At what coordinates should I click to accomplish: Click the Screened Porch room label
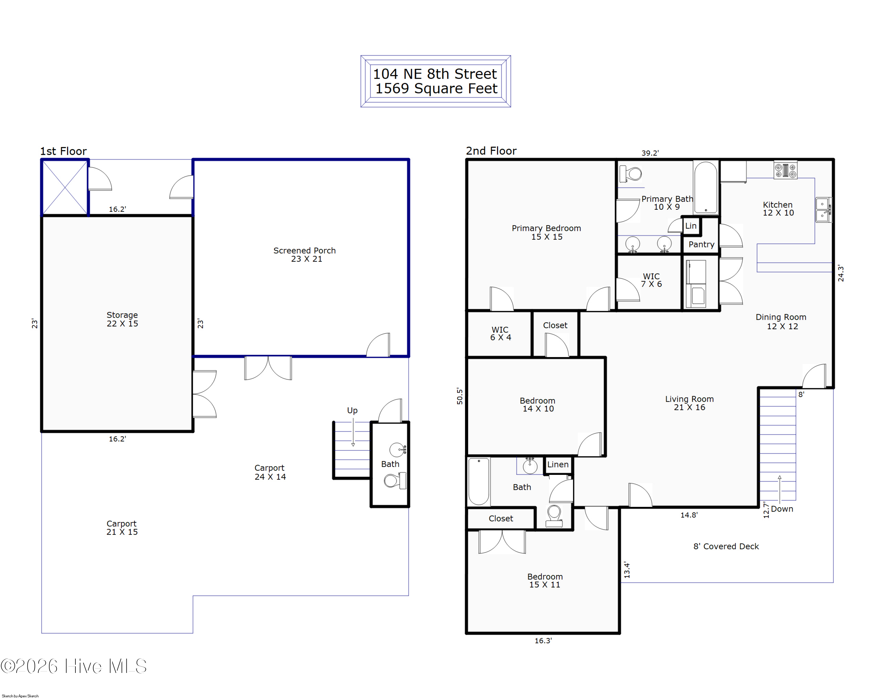point(304,254)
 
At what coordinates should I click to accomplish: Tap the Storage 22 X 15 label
point(122,319)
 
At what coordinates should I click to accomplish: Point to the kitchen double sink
point(823,210)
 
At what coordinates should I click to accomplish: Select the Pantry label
point(701,244)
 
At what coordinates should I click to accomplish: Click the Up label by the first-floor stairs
point(352,410)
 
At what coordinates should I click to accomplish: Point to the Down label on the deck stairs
point(782,509)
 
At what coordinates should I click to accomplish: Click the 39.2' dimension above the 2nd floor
point(650,153)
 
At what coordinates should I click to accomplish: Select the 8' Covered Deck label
point(726,546)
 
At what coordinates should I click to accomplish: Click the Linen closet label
point(558,464)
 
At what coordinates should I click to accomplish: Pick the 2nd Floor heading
point(491,151)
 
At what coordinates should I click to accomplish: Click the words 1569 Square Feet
point(436,88)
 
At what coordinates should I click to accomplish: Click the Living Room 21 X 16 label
point(689,403)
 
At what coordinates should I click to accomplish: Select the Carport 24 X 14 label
point(270,472)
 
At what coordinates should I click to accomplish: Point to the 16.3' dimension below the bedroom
point(543,640)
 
